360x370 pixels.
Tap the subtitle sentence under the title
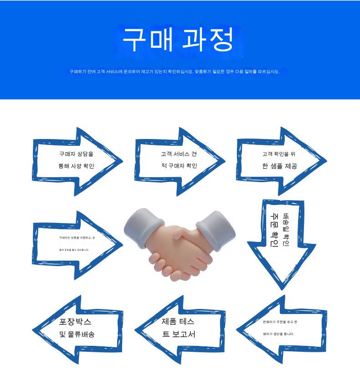174,72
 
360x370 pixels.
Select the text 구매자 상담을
76,154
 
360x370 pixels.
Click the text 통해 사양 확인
76,166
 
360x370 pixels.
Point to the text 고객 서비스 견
179,154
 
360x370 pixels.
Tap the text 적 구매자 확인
179,166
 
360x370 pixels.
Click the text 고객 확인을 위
279,154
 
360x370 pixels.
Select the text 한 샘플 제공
279,166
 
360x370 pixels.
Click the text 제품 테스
178,322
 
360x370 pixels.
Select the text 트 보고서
179,334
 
